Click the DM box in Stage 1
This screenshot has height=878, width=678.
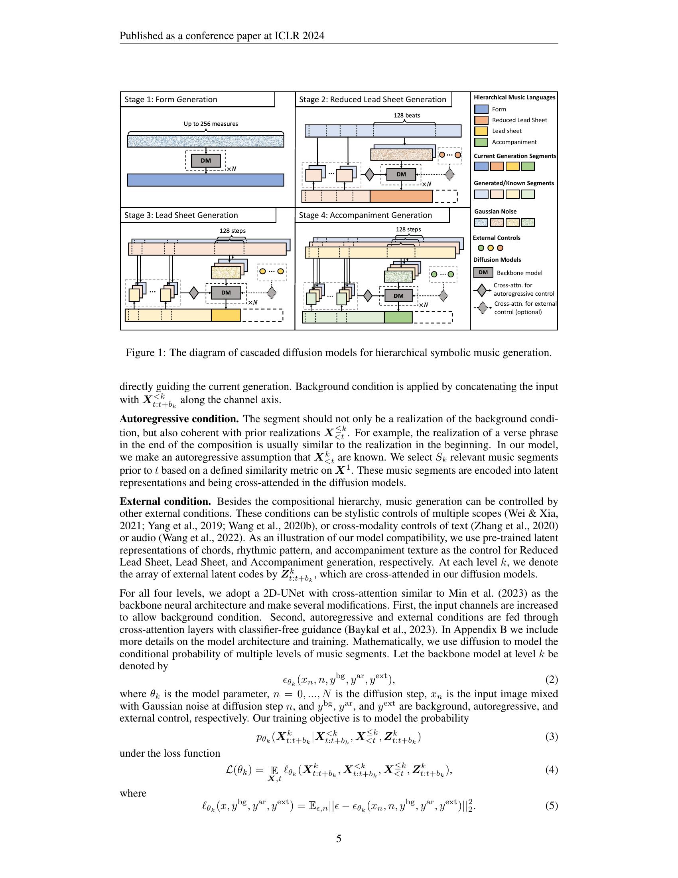pyautogui.click(x=206, y=161)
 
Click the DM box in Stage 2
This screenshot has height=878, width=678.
pyautogui.click(x=401, y=174)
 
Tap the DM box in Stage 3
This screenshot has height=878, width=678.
pyautogui.click(x=226, y=293)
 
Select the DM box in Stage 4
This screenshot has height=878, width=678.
pyautogui.click(x=398, y=296)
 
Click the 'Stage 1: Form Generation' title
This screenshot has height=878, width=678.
pyautogui.click(x=171, y=100)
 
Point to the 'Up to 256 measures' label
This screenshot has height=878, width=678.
pyautogui.click(x=211, y=124)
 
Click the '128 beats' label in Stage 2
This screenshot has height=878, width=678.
pyautogui.click(x=406, y=115)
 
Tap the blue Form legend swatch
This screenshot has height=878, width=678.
pyautogui.click(x=481, y=109)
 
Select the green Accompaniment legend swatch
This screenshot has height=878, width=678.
pyautogui.click(x=481, y=142)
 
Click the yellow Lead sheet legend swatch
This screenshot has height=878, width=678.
pyautogui.click(x=481, y=131)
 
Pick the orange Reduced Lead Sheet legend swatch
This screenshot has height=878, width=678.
pyautogui.click(x=481, y=120)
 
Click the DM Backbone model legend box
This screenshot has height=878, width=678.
pyautogui.click(x=483, y=273)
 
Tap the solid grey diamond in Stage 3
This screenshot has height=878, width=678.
pyautogui.click(x=193, y=293)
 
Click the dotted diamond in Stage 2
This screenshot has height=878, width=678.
pyautogui.click(x=449, y=174)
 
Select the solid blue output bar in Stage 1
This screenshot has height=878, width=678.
pyautogui.click(x=205, y=180)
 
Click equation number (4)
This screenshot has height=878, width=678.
pyautogui.click(x=551, y=770)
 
